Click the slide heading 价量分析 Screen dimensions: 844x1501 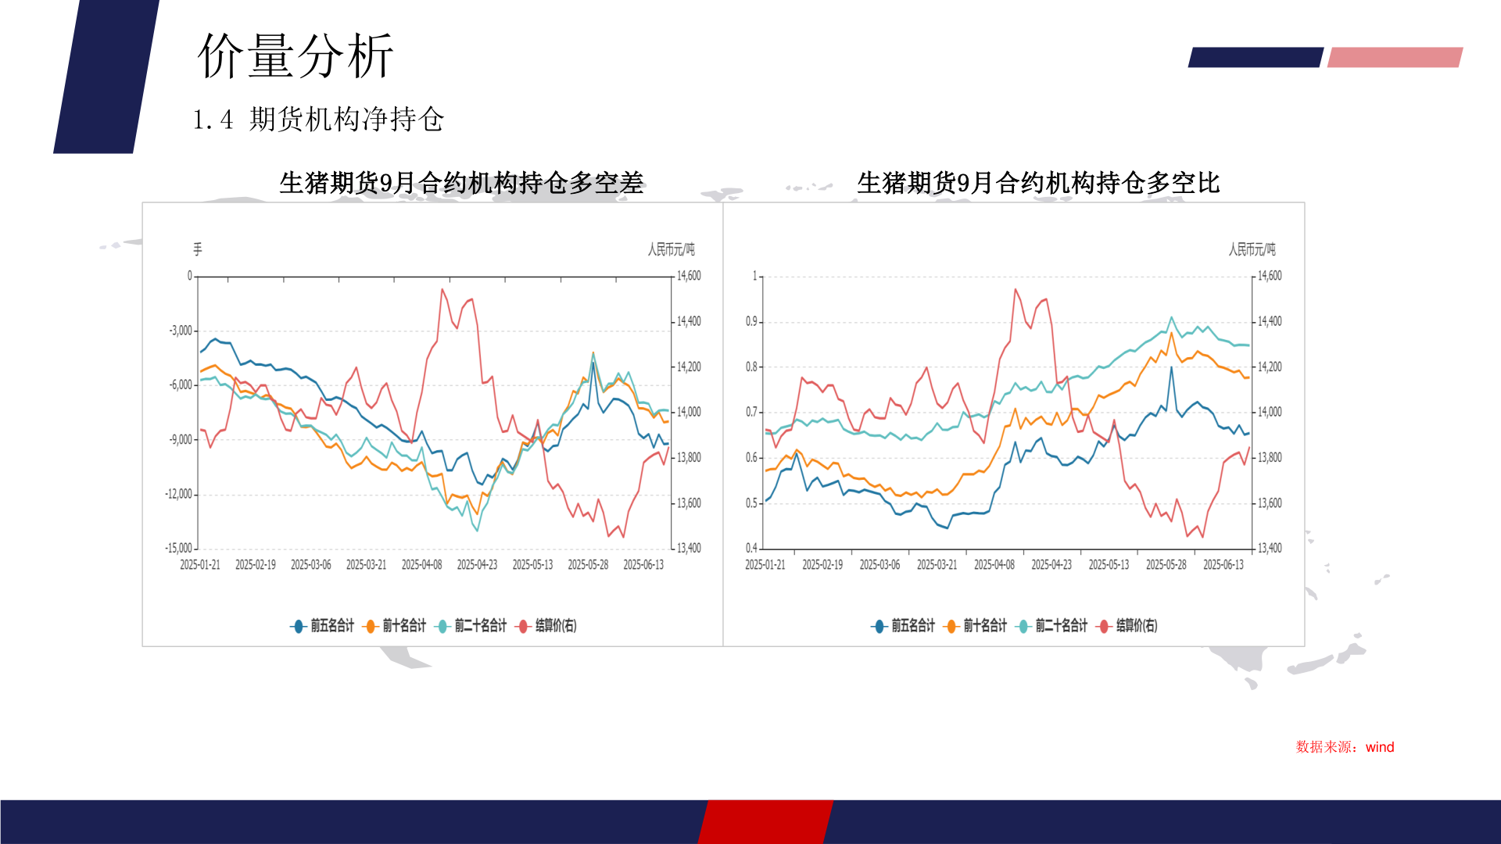(x=296, y=56)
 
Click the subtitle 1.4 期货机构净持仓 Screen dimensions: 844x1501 (x=318, y=120)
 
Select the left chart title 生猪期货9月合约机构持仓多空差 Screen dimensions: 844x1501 (x=461, y=183)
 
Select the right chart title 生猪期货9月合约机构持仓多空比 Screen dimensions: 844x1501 (x=1038, y=183)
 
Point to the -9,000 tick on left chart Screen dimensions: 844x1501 (x=181, y=440)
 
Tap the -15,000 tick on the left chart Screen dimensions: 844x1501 (x=178, y=549)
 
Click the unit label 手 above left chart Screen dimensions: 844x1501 (x=198, y=249)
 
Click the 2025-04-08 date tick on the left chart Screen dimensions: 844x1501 (x=421, y=565)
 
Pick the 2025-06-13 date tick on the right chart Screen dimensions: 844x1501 (x=1223, y=565)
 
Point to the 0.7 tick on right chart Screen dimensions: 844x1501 (x=751, y=412)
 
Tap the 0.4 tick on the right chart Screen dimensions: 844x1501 (x=751, y=549)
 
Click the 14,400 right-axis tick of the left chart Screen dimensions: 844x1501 (x=689, y=321)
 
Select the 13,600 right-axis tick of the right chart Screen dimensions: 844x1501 (x=1270, y=503)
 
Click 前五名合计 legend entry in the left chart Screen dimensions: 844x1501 (x=323, y=626)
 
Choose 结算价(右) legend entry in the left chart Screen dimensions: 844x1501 (x=548, y=626)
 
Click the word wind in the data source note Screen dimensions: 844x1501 (x=1380, y=747)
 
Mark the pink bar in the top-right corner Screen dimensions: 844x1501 (x=1395, y=57)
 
